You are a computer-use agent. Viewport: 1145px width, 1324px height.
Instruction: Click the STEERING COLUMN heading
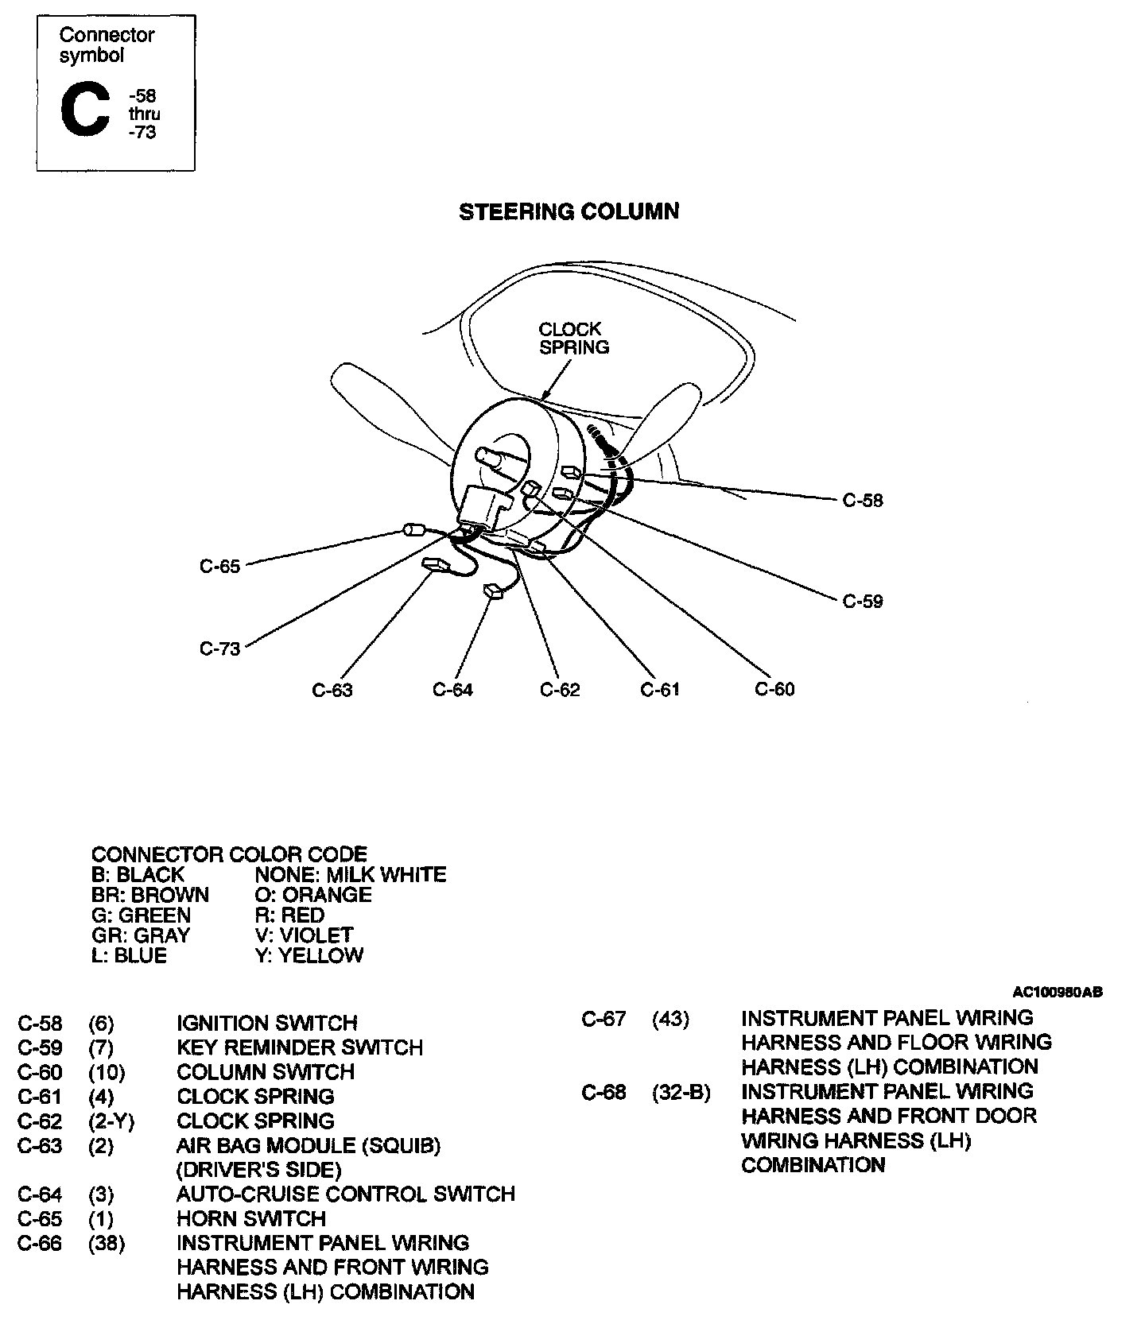(x=569, y=211)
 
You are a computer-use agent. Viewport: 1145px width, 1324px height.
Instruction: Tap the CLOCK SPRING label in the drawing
(x=573, y=338)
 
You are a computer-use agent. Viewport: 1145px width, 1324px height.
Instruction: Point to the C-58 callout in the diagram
(x=863, y=501)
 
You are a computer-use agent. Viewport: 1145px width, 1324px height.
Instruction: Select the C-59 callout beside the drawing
(x=863, y=602)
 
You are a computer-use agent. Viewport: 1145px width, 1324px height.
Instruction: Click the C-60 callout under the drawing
(x=774, y=689)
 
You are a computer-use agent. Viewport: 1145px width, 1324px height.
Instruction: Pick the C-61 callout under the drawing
(x=660, y=689)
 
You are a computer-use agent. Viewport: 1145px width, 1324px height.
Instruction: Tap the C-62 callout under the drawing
(x=560, y=690)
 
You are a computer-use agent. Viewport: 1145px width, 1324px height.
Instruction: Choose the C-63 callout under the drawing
(x=332, y=690)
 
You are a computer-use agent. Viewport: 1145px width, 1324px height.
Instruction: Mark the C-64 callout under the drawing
(x=452, y=690)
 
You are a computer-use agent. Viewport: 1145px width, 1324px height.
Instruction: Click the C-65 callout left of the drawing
(x=219, y=567)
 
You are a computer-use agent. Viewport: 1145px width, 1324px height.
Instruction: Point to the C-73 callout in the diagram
(x=219, y=648)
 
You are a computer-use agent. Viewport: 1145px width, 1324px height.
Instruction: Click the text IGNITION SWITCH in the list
(x=266, y=1023)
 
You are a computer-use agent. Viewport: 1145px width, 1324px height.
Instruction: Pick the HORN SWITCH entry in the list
(x=250, y=1218)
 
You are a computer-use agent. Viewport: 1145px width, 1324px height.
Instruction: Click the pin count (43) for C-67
(x=670, y=1018)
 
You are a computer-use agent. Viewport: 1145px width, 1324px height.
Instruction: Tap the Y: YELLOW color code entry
(x=309, y=955)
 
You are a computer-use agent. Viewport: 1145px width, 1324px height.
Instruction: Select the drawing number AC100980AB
(x=1057, y=992)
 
